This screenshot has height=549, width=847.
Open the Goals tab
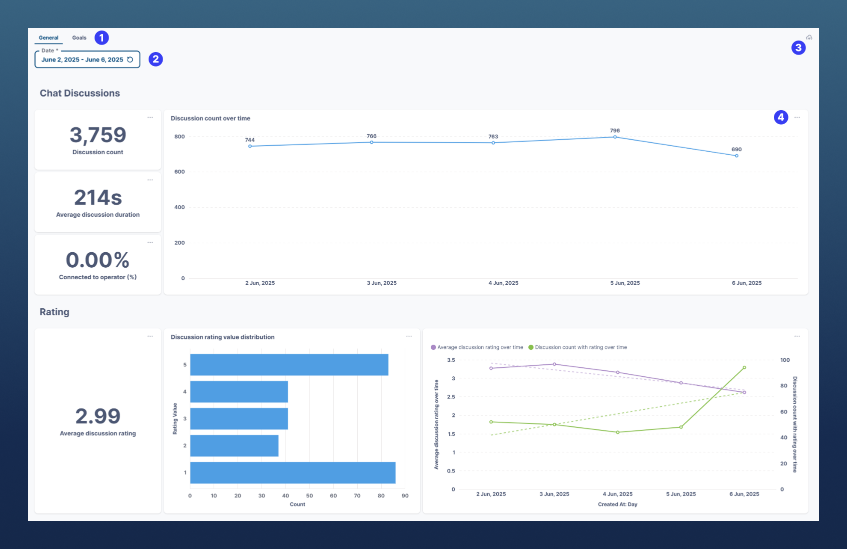tap(79, 38)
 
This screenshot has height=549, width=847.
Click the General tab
tap(49, 38)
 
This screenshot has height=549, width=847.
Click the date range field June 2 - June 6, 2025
tap(83, 60)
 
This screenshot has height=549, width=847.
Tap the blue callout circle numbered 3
tap(798, 48)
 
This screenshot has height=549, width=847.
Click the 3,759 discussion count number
tap(98, 135)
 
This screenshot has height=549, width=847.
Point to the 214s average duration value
tap(98, 198)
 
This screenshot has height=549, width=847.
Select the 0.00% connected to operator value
tap(98, 260)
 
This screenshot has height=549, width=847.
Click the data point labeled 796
tap(615, 137)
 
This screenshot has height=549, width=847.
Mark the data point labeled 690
tap(736, 156)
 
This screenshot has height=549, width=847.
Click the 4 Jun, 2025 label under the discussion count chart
tap(503, 283)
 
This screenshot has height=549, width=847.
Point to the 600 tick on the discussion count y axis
tap(180, 172)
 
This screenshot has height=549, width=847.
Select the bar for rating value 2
tap(234, 445)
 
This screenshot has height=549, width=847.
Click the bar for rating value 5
tap(289, 365)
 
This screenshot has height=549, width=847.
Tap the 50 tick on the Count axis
tap(309, 496)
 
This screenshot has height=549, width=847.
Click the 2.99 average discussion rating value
tap(98, 416)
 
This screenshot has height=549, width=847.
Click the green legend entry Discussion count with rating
tap(580, 347)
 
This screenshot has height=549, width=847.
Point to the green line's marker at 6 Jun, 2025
tap(744, 368)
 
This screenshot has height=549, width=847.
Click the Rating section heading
tap(55, 312)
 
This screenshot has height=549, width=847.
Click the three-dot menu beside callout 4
tap(797, 118)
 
